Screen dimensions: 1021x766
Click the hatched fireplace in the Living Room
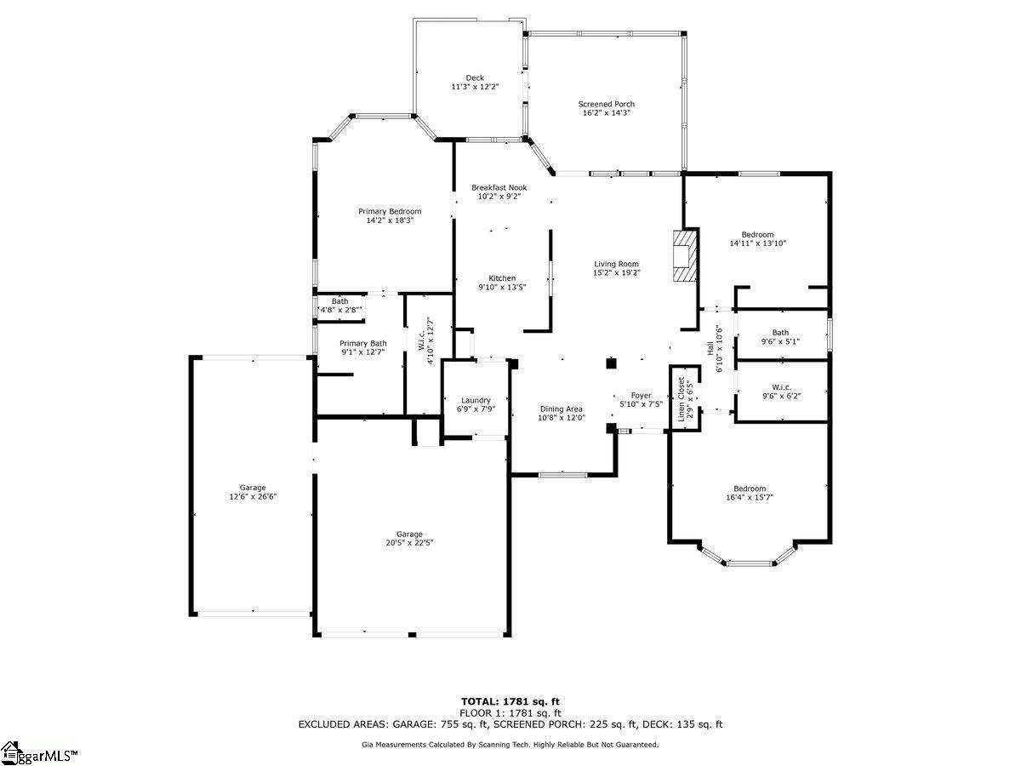click(684, 255)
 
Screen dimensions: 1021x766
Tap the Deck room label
click(475, 78)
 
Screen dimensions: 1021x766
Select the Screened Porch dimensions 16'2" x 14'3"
click(606, 113)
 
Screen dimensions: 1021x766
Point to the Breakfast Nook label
click(499, 187)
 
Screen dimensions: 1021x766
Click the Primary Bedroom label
click(390, 212)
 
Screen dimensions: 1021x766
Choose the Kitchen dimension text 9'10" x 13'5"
click(502, 288)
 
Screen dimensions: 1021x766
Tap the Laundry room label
click(476, 400)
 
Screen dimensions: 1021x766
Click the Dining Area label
click(561, 409)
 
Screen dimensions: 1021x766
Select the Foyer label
click(641, 396)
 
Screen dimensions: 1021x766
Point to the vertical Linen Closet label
click(682, 399)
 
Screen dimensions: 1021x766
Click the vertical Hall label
click(710, 349)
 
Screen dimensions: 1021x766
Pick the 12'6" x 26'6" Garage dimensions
click(253, 497)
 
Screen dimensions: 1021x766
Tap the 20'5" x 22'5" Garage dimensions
click(409, 543)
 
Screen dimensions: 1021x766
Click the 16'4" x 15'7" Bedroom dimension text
click(750, 498)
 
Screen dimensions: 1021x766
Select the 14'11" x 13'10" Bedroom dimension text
click(758, 243)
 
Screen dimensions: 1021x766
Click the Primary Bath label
click(362, 344)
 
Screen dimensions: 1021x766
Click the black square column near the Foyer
click(611, 363)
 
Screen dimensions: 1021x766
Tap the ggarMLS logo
click(39, 754)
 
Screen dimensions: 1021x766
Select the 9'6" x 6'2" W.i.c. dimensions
click(781, 397)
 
